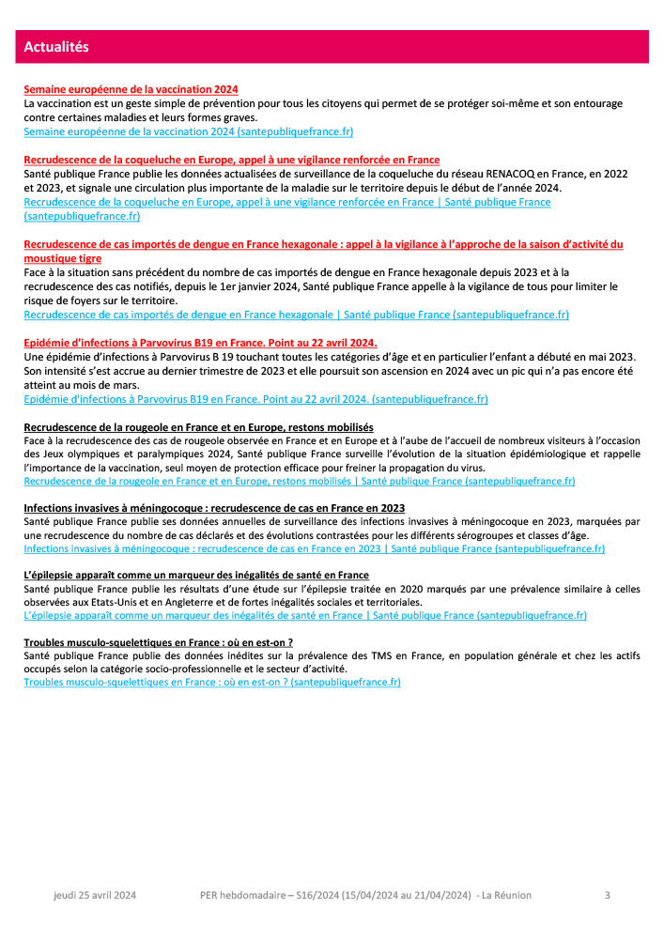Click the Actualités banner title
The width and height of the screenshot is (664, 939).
click(55, 47)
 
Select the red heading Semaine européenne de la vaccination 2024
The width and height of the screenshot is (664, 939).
click(131, 89)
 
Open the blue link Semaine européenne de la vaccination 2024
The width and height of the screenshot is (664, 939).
click(188, 132)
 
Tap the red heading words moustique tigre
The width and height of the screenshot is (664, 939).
click(63, 258)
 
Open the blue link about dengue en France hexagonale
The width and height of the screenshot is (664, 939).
click(296, 315)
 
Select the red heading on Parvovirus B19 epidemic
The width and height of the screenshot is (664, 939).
click(200, 343)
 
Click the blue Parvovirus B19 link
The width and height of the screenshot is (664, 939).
click(255, 399)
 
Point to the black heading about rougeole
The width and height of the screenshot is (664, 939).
click(198, 427)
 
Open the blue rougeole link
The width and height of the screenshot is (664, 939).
click(299, 481)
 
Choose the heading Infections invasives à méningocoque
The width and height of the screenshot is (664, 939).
click(214, 508)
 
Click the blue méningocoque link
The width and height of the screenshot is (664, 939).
click(314, 548)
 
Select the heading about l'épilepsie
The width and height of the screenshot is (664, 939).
click(196, 576)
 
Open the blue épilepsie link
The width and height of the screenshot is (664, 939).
click(305, 616)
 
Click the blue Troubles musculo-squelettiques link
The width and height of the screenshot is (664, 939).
click(212, 683)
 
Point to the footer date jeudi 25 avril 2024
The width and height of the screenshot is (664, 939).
click(94, 896)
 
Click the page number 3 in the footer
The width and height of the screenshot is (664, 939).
click(607, 896)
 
